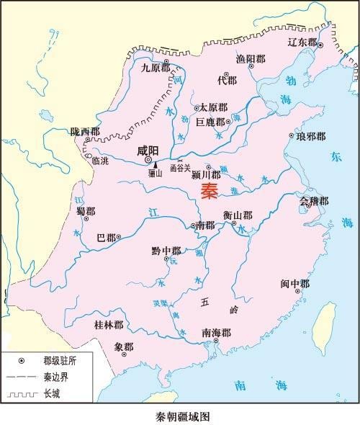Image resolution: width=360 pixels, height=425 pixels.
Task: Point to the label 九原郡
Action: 154,68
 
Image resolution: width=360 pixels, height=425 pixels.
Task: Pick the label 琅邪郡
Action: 310,135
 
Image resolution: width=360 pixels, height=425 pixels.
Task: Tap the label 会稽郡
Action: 314,201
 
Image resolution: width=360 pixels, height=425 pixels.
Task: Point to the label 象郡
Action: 124,346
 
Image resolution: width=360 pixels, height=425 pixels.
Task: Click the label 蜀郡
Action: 86,210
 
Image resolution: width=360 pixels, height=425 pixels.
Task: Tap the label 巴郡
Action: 106,237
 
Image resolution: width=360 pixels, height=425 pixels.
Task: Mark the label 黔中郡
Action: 166,251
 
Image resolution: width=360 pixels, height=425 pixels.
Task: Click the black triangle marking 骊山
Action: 154,165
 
